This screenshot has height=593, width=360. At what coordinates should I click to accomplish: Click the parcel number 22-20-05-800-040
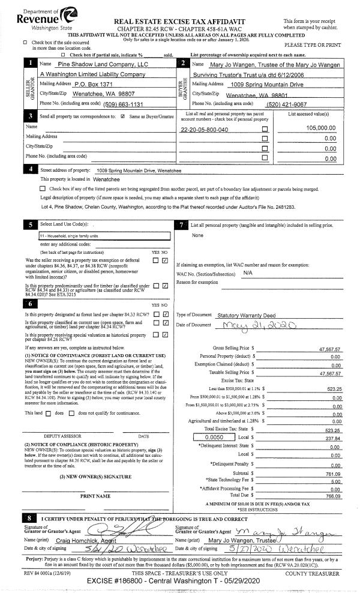[x=204, y=130]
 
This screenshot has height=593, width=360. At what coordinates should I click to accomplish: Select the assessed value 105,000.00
[x=320, y=128]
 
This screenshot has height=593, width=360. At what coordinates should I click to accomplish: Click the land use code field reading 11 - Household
[x=62, y=236]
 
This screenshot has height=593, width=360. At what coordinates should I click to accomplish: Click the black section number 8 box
[x=29, y=518]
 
